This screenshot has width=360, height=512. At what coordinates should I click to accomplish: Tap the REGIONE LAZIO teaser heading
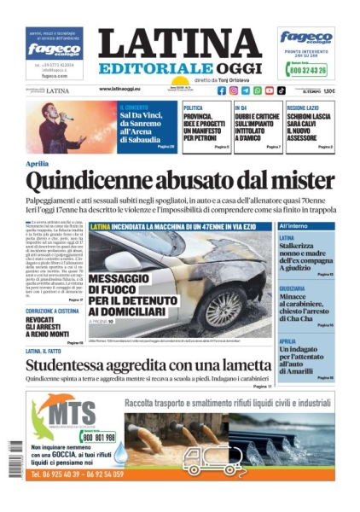coord(308,108)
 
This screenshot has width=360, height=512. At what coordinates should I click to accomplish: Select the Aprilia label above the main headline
coord(37,163)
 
